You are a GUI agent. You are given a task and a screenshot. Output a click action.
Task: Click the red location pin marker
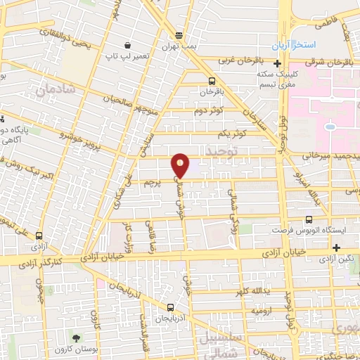click(181, 165)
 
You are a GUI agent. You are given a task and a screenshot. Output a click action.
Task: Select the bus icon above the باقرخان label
click(212, 82)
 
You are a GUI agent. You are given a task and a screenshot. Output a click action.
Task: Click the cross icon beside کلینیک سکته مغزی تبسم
click(278, 63)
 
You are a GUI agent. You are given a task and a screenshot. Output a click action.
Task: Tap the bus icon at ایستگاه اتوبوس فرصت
click(265, 230)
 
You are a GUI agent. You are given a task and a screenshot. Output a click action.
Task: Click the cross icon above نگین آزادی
click(337, 247)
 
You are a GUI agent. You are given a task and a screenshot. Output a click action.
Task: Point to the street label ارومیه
click(259, 309)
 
